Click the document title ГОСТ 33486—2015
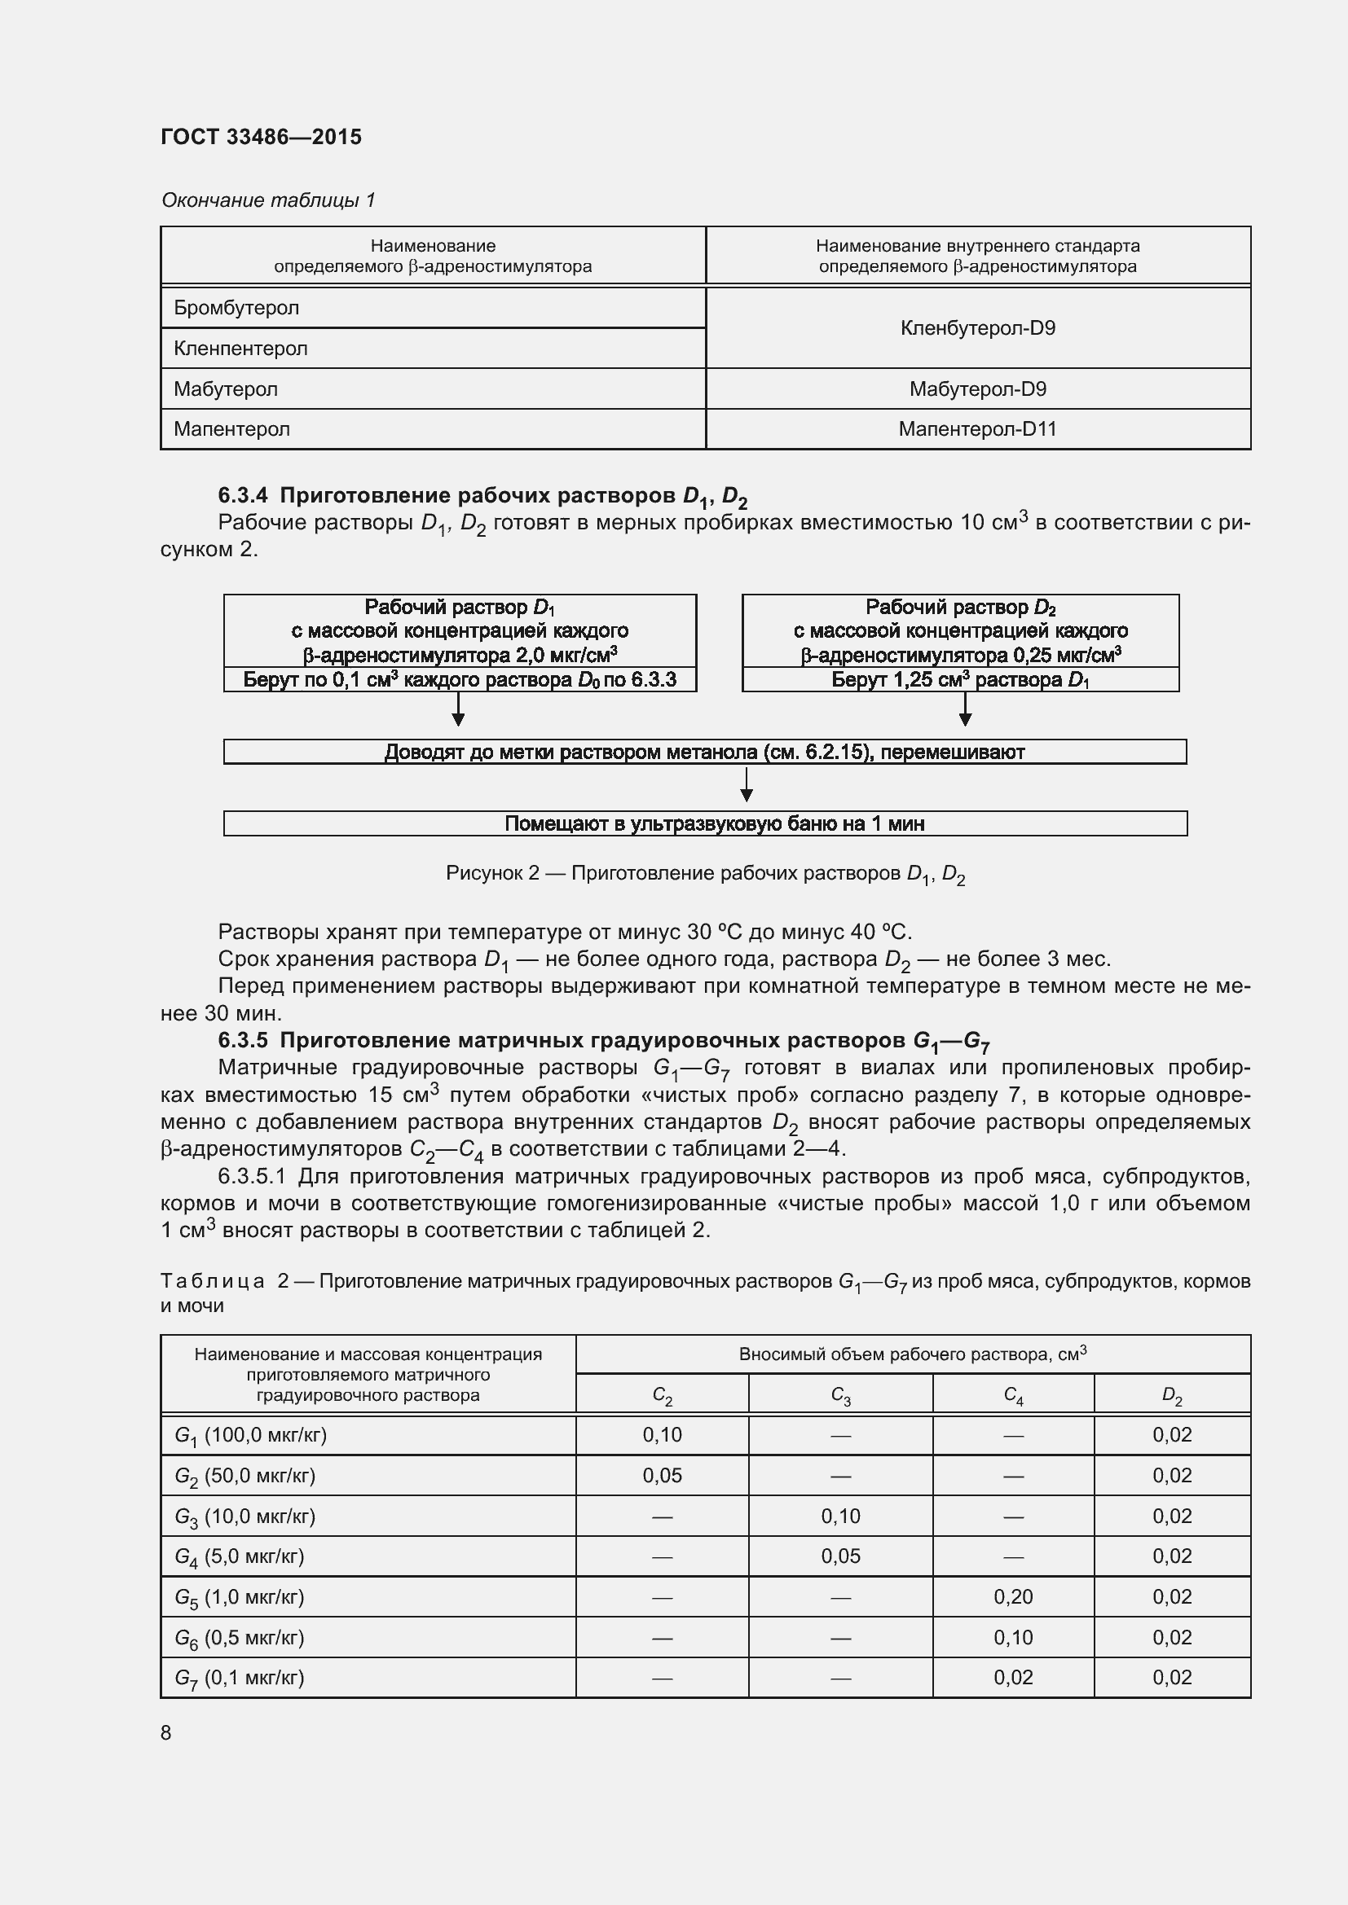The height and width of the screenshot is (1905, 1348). point(261,137)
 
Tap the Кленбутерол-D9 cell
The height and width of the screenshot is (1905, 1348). point(977,327)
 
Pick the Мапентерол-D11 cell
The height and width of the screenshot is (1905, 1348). point(977,429)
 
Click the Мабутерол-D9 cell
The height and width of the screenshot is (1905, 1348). point(977,388)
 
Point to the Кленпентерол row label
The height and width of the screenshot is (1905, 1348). point(240,349)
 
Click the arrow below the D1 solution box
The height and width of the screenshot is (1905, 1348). point(457,709)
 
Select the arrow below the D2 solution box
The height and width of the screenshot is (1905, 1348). point(964,709)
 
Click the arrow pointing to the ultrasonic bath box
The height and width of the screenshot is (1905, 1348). point(747,785)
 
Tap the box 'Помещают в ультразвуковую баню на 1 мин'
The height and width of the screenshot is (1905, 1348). point(705,823)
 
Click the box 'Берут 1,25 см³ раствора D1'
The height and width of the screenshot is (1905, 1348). point(959,680)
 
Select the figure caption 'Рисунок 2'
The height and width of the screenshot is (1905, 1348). point(705,874)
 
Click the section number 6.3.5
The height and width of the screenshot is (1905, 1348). point(242,1040)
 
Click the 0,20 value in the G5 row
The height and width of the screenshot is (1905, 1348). point(1013,1596)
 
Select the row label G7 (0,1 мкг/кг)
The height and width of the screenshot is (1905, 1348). point(239,1678)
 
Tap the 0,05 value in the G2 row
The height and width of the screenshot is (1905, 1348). point(662,1475)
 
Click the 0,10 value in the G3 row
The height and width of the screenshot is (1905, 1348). point(840,1516)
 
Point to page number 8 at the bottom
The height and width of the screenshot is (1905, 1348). point(166,1732)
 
